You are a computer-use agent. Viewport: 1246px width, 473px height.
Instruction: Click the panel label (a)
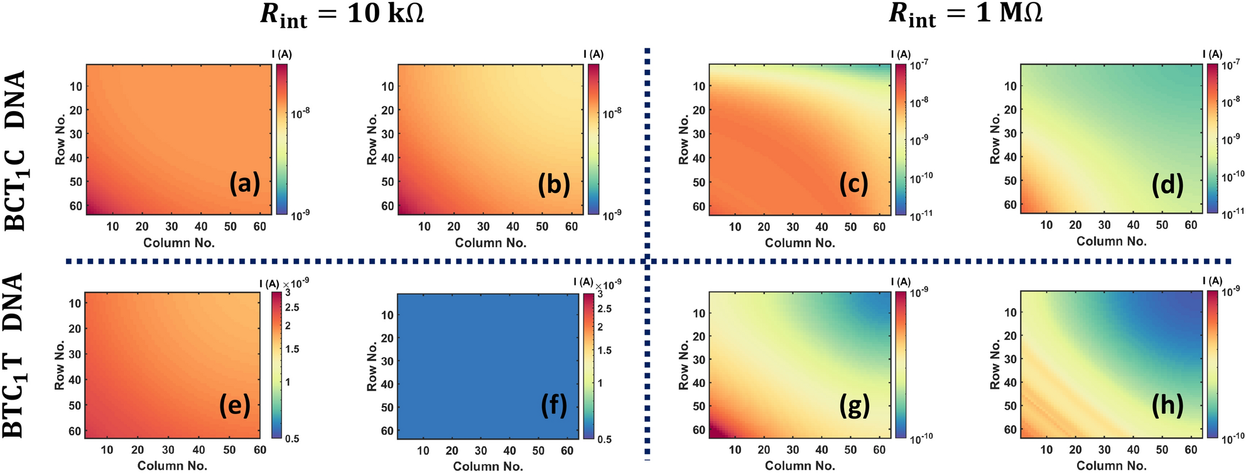coord(244,184)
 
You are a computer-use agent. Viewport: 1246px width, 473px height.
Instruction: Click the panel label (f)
coord(554,406)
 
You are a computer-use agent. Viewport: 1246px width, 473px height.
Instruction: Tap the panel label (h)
coord(1167,406)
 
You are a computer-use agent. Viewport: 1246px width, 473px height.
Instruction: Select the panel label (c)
coord(853,184)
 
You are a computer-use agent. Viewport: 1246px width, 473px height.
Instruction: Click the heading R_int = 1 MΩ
coord(965,14)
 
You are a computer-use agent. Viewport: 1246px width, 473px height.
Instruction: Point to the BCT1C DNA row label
coord(15,151)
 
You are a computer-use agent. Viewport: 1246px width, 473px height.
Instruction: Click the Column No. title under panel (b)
coord(490,243)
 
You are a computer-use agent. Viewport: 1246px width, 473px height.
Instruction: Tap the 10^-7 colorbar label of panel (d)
coord(1231,64)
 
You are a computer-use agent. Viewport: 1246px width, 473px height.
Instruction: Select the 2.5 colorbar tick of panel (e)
coord(292,307)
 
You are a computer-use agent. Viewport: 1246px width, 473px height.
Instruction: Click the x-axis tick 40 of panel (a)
coord(201,226)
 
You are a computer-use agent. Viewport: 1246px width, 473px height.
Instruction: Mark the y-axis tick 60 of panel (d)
coord(1010,205)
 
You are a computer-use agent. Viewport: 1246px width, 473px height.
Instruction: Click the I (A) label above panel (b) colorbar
coord(593,55)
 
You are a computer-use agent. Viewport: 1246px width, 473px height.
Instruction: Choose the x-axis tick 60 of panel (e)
coord(259,450)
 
